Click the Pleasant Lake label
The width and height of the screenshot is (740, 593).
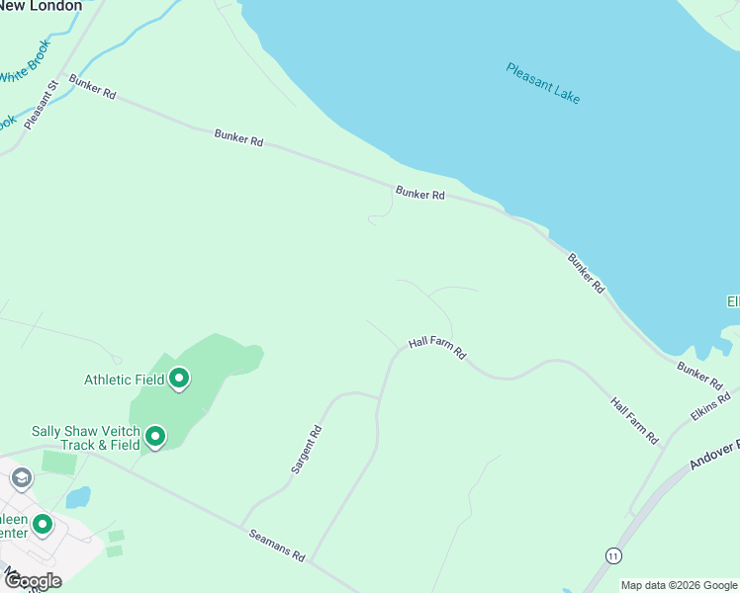[542, 84]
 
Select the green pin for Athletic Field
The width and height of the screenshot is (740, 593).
[179, 379]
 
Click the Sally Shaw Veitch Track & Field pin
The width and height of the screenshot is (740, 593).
[155, 436]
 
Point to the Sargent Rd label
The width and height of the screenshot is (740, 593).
[307, 450]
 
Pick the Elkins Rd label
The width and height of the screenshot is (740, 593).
[710, 407]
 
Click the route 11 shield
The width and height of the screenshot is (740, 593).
[614, 555]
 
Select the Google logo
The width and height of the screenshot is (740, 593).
[32, 580]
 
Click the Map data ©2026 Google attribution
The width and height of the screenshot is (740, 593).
[680, 585]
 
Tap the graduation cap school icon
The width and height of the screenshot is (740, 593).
[21, 479]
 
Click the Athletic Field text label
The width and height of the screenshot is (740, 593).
[124, 380]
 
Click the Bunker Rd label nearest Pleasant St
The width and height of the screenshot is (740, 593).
[93, 87]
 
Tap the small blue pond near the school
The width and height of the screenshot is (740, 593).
[77, 496]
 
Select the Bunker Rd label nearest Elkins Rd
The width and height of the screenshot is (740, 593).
[699, 374]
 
